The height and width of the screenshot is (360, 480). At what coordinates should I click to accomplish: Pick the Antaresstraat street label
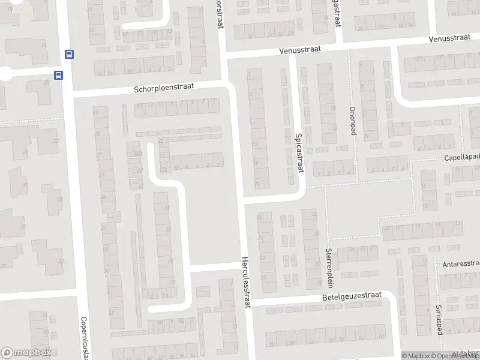coord(461,263)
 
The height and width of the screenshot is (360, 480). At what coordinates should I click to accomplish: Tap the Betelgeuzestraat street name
coord(352,296)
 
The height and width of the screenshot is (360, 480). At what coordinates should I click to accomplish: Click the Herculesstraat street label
coord(245,283)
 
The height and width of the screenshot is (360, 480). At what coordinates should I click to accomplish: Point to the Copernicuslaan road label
coord(84,338)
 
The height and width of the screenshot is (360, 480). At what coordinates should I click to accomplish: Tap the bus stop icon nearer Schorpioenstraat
coord(58,76)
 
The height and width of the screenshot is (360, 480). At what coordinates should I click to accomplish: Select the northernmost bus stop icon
coord(69,55)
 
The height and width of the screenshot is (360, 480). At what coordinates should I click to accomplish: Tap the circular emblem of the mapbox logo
coord(7,353)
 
